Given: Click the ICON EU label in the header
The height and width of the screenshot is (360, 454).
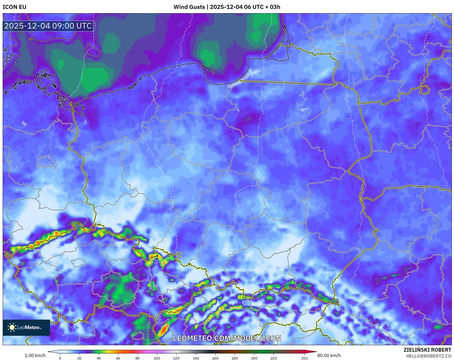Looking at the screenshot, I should click(x=15, y=7).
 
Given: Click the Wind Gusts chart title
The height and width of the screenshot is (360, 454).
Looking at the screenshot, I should click(x=227, y=7).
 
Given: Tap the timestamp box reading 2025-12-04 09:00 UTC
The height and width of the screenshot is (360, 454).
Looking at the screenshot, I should click(x=48, y=26).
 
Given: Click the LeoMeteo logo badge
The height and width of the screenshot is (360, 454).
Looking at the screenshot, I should click(x=26, y=327).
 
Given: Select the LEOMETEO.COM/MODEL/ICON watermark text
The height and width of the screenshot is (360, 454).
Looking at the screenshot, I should click(x=227, y=338).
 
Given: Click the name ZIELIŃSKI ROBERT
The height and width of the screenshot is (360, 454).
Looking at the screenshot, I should click(x=427, y=350).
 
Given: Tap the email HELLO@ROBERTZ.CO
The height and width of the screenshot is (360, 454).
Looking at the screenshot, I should click(x=428, y=356).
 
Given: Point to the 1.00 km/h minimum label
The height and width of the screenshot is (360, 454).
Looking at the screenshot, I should click(x=35, y=355).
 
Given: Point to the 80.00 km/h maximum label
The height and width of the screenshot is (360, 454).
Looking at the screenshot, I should click(x=329, y=355).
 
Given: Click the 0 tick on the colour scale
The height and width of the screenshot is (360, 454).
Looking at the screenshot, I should click(x=60, y=358).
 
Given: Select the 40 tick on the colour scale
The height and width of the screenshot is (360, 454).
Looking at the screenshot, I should click(x=99, y=358).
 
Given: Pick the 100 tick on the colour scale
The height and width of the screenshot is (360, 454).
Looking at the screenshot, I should click(x=157, y=358).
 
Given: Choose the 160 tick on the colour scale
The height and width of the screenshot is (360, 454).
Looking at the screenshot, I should click(x=215, y=358).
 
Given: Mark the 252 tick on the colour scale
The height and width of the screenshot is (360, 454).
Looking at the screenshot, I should click(x=305, y=358).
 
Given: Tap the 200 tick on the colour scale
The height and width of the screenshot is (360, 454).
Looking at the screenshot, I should click(x=254, y=358).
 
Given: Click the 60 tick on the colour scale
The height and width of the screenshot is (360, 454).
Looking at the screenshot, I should click(x=118, y=358).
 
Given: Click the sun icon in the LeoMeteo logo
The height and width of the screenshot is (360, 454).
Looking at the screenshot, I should click(x=12, y=327).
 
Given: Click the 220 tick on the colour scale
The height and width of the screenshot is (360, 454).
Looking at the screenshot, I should click(x=273, y=358).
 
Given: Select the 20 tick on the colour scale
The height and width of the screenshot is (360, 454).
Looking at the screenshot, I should click(x=79, y=358).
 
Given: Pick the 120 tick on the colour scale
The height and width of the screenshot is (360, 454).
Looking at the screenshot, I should click(x=176, y=358).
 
